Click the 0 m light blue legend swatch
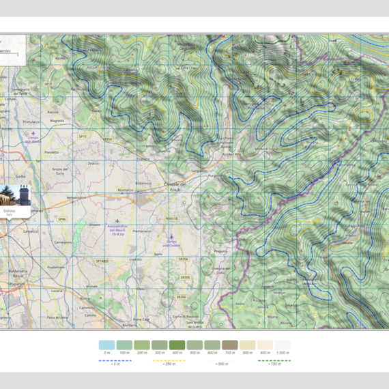point(106,345)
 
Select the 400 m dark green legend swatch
point(177,345)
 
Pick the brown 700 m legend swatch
point(230,345)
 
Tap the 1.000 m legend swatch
point(283,345)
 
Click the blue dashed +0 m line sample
point(106,360)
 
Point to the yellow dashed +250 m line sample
point(169,360)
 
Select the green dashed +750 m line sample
point(274,360)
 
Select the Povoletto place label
point(52,152)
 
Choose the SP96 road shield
point(61,219)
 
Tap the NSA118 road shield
point(171,218)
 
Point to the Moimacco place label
point(125,190)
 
